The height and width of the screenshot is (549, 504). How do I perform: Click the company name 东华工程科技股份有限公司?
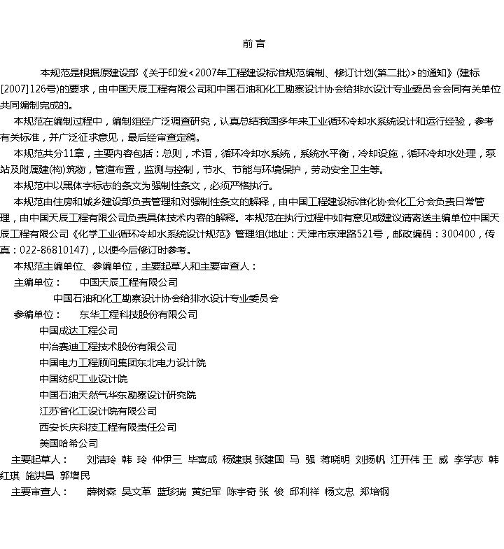[x=139, y=314]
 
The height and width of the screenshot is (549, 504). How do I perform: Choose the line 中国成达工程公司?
[x=78, y=331]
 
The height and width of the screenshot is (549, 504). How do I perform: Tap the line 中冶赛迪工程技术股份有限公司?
[x=108, y=347]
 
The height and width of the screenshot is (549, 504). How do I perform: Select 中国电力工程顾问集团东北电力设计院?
[x=122, y=363]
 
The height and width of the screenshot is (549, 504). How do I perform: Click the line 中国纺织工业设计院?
[x=83, y=379]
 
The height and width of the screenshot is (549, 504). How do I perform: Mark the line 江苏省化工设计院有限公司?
[x=98, y=411]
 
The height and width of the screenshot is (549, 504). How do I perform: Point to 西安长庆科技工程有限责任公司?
[x=108, y=427]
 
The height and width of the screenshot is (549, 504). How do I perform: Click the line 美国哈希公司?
[x=69, y=443]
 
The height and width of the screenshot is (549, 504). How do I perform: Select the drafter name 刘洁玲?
[x=101, y=459]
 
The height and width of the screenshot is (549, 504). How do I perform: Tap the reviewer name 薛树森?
[x=101, y=492]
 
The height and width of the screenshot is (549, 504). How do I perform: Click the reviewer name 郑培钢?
[x=374, y=492]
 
